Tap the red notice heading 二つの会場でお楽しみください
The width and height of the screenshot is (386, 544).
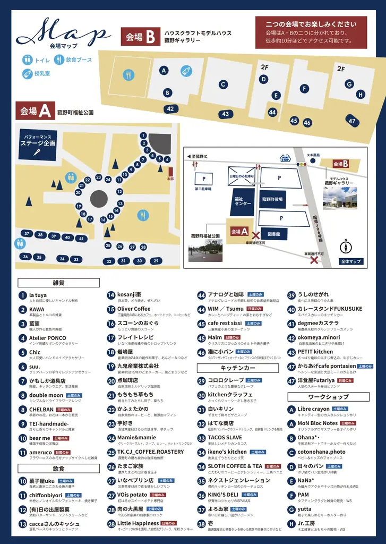pos(311,24)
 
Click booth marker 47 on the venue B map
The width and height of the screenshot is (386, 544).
pos(351,120)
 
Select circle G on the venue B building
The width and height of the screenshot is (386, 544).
pos(349,84)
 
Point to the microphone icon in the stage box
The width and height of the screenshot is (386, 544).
pos(38,152)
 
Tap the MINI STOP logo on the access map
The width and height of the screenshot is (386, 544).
pos(285,158)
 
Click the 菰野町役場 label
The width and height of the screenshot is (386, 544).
pos(272,200)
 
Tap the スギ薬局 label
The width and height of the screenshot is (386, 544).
pos(313,156)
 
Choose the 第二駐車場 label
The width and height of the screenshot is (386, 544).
pos(203,189)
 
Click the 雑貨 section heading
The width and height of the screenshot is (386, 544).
pos(58,283)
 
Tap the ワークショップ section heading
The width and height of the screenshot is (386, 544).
pos(328,397)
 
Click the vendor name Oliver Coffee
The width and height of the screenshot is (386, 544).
pos(134,309)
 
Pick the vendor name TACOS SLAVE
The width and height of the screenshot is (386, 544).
pos(225,437)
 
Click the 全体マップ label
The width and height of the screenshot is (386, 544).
pos(351,261)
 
